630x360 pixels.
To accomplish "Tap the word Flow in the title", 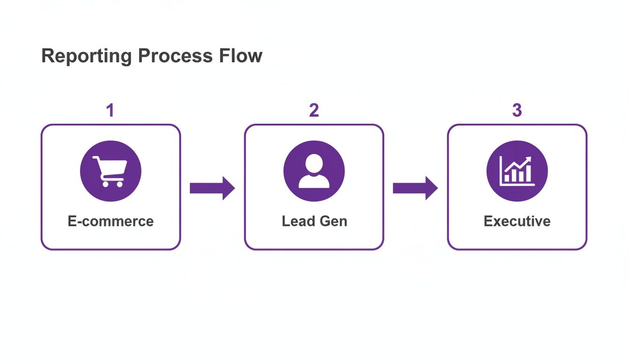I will point(241,56).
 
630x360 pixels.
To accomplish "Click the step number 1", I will point(110,111).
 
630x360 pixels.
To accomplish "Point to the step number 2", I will point(314,111).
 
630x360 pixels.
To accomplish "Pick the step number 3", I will point(517,111).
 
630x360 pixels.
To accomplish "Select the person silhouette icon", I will point(314,171).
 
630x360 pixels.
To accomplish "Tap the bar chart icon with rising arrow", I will point(517,171).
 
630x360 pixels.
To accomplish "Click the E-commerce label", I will point(111,221).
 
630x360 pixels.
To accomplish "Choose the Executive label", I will point(517,221).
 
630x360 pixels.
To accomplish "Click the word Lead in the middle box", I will point(297,221).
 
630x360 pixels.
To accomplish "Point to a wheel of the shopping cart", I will point(105,184).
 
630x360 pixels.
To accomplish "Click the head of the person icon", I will point(314,164).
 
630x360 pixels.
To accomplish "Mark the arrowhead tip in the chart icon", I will point(531,158).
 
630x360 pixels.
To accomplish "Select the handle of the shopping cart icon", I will point(95,158).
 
